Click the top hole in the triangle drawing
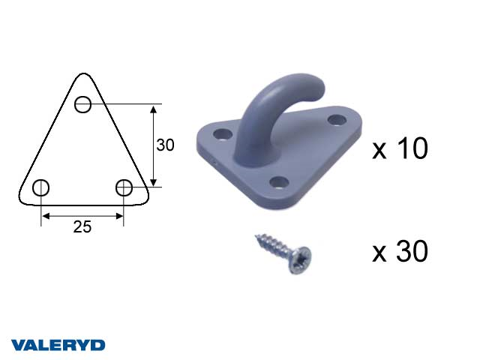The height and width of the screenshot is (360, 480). click(x=82, y=104)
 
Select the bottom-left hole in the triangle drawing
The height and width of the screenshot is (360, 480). click(x=40, y=187)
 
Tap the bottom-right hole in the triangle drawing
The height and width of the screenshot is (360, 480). click(x=124, y=187)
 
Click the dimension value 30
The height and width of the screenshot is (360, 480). click(x=165, y=145)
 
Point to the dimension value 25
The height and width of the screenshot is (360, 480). click(x=82, y=226)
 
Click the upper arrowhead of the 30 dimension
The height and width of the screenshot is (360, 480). click(x=154, y=109)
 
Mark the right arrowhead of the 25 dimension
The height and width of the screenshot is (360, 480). click(x=118, y=217)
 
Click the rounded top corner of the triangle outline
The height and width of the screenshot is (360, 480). click(x=83, y=74)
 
